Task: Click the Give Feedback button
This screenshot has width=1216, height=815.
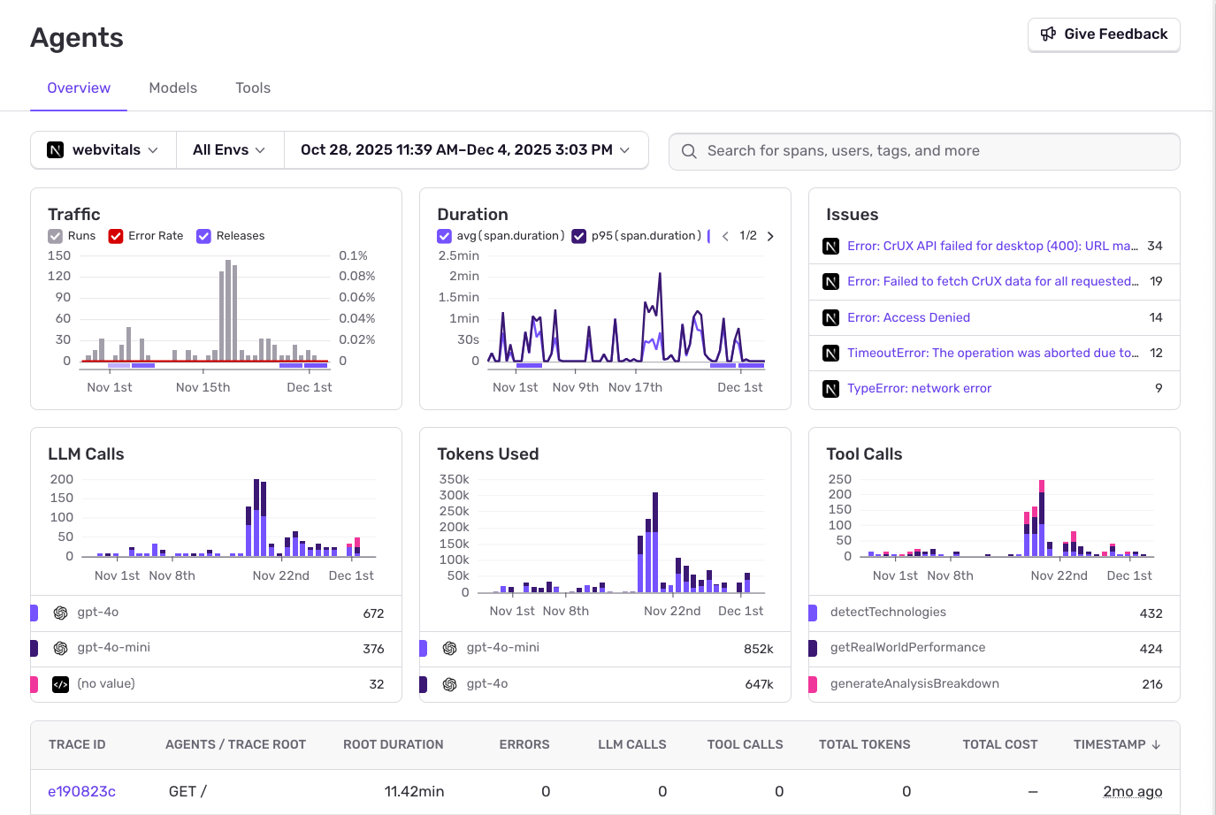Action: tap(1104, 34)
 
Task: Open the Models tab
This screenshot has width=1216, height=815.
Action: tap(172, 88)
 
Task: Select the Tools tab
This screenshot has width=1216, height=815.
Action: tap(253, 88)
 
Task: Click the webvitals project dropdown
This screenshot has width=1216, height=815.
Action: tap(103, 150)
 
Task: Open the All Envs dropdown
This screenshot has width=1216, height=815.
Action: tap(229, 150)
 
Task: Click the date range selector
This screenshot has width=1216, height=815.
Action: tap(465, 150)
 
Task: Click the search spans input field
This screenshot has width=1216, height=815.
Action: tap(924, 151)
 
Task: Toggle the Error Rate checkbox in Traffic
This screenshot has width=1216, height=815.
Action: tap(116, 236)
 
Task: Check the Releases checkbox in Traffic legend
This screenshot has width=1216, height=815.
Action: tap(204, 236)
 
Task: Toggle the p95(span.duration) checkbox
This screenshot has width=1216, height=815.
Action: tap(579, 236)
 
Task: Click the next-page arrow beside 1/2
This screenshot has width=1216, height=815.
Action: tap(770, 236)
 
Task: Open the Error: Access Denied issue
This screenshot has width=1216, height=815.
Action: tap(908, 317)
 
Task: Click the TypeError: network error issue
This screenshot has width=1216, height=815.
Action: tap(919, 388)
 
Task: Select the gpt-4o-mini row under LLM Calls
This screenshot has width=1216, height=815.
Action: tap(113, 648)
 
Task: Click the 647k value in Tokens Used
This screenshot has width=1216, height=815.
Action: tap(759, 684)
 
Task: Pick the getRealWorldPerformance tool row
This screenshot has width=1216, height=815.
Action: tap(907, 648)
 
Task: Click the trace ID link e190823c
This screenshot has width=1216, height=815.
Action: tap(81, 791)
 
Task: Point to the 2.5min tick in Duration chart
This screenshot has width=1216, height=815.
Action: tap(458, 255)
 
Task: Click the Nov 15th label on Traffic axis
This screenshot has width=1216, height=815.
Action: tap(203, 387)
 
